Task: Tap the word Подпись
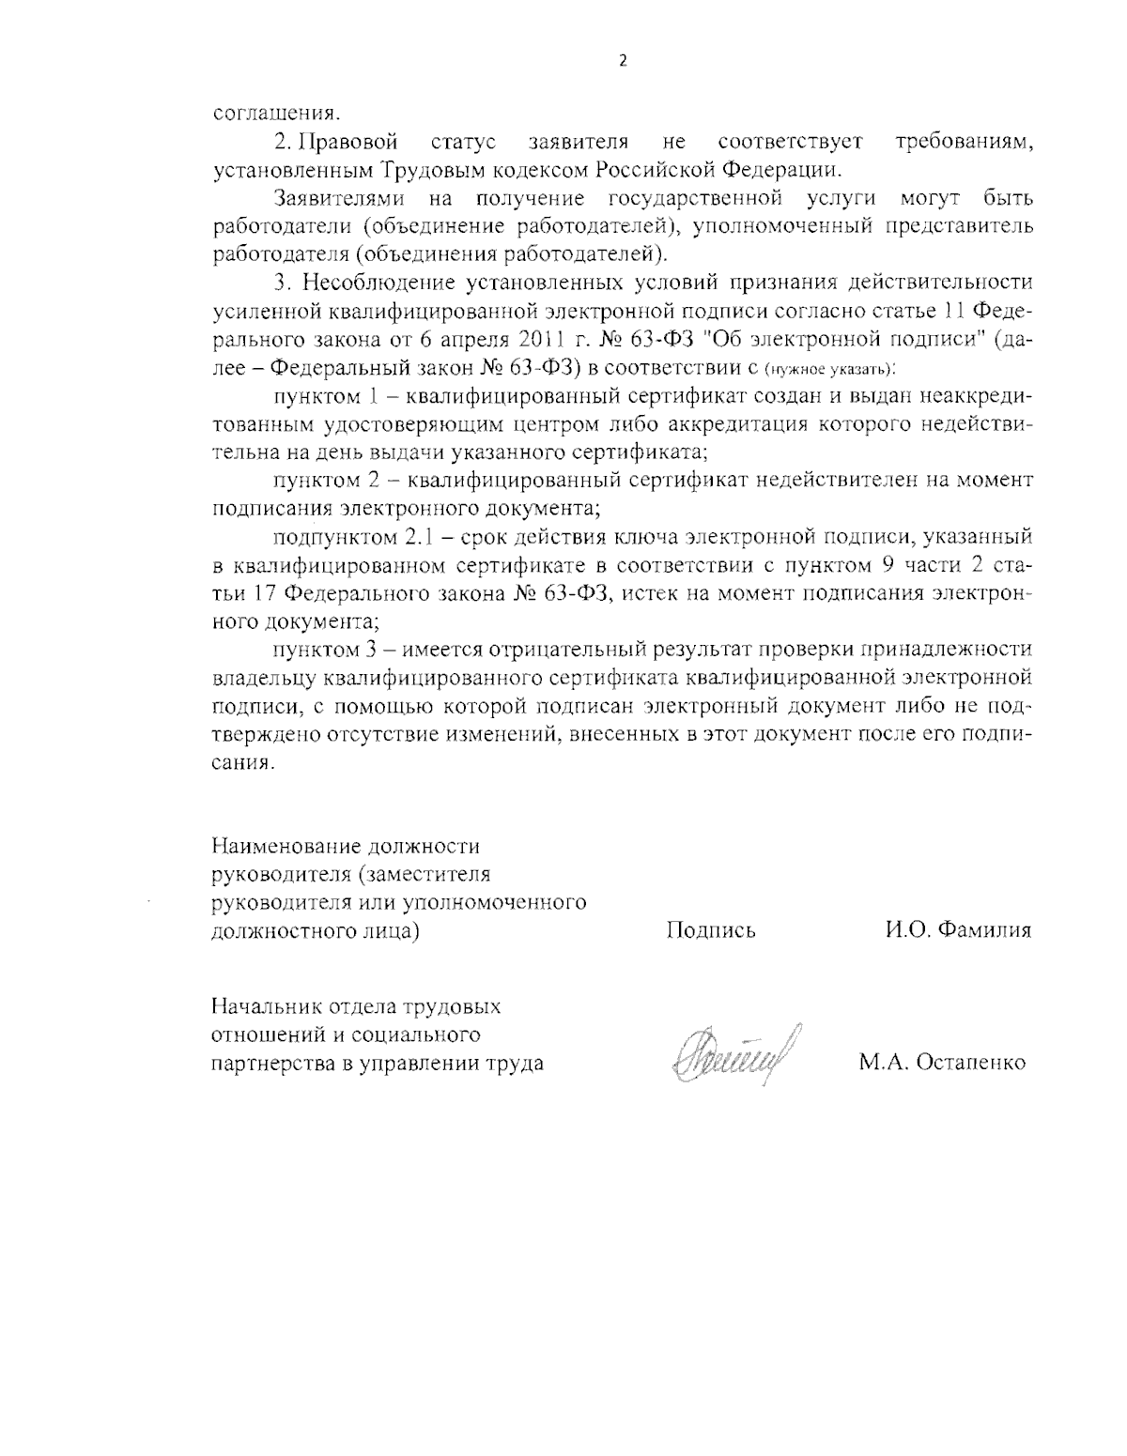711,930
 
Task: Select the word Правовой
348,144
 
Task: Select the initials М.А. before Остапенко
880,1064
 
